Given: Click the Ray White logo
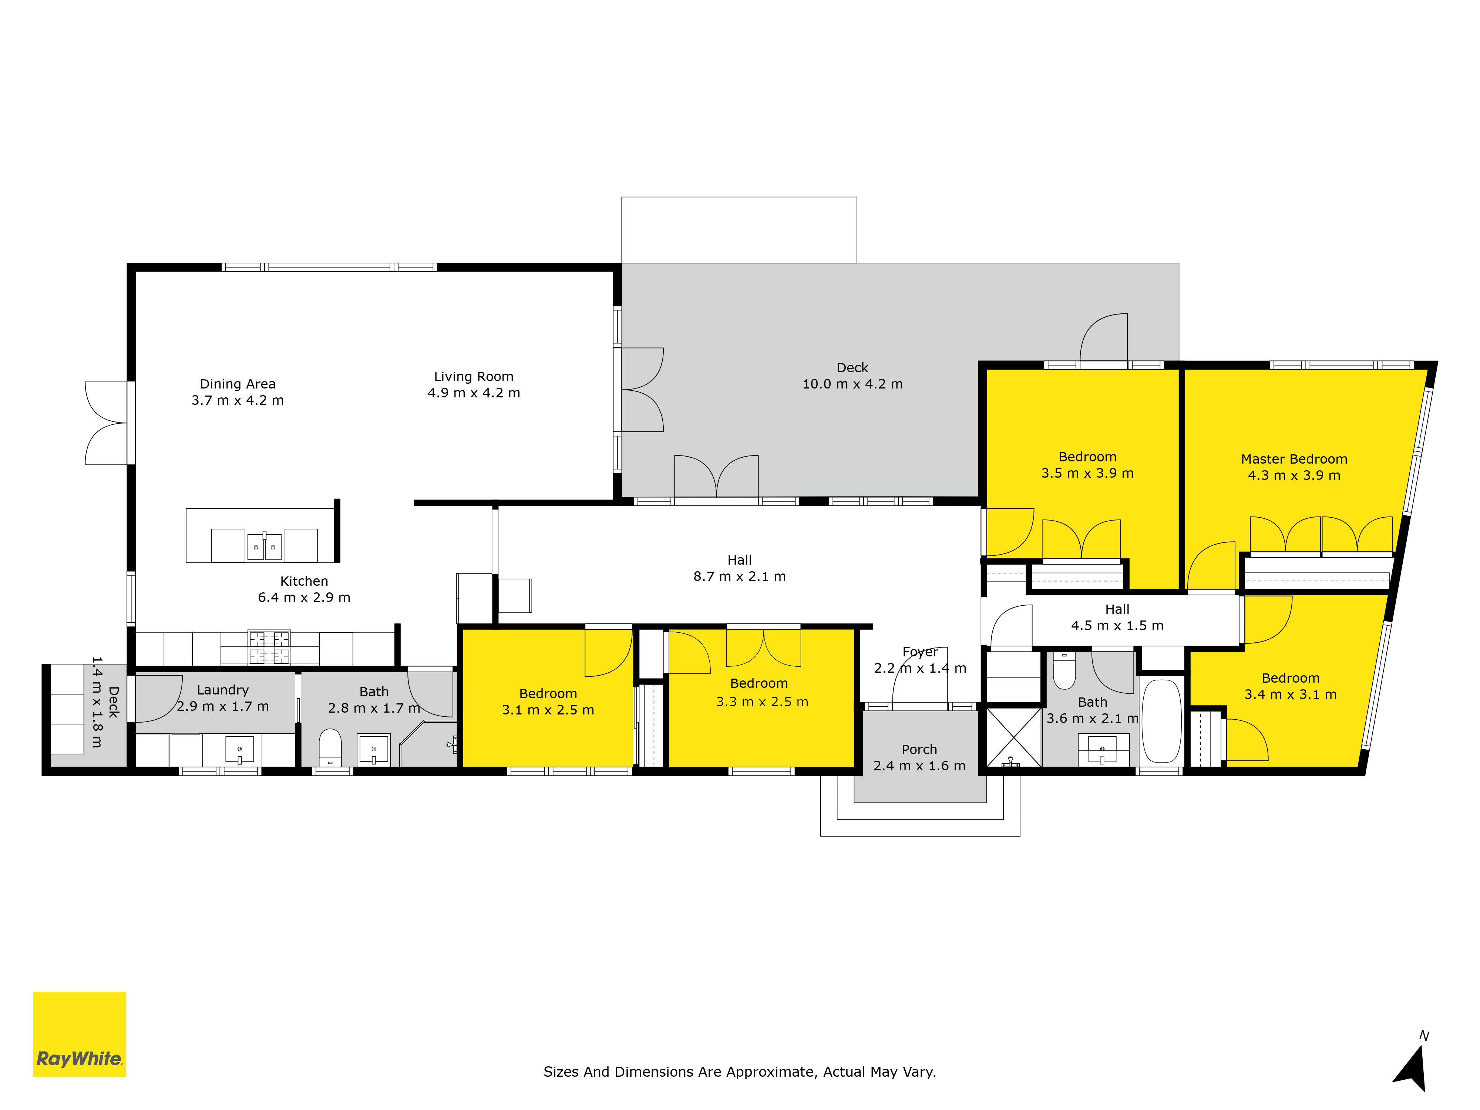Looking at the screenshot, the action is (x=80, y=1034).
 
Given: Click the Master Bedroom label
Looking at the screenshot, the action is (x=1294, y=459).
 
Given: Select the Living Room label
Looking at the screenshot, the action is (x=474, y=377).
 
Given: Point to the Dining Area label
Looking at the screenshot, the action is (x=238, y=384).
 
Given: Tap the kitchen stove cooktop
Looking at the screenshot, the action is (x=269, y=647).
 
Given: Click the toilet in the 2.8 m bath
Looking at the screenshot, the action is (x=330, y=747).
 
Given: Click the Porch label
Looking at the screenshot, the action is (x=919, y=749).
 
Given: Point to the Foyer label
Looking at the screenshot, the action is (x=920, y=652).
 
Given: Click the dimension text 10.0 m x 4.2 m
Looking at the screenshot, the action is (x=852, y=384).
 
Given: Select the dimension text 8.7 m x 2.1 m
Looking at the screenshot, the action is (x=739, y=576).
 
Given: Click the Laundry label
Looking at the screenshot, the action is (x=223, y=690).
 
